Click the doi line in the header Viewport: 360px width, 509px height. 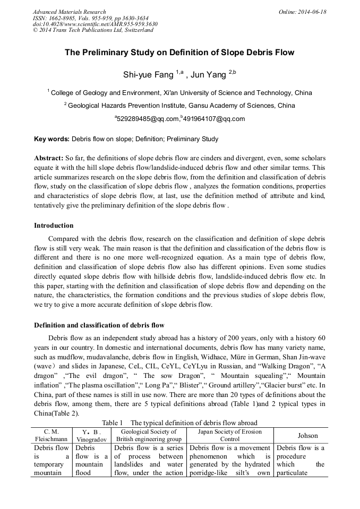(95, 24)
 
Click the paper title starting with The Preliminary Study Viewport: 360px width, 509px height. (179, 53)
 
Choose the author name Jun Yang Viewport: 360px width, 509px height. (209, 75)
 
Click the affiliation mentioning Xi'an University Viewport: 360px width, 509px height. (181, 93)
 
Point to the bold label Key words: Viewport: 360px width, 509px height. (52, 140)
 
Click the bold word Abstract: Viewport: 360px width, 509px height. (48, 159)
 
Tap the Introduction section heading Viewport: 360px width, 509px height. (54, 226)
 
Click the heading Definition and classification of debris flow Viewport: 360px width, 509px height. (99, 325)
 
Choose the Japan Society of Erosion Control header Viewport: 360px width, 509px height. (230, 435)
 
